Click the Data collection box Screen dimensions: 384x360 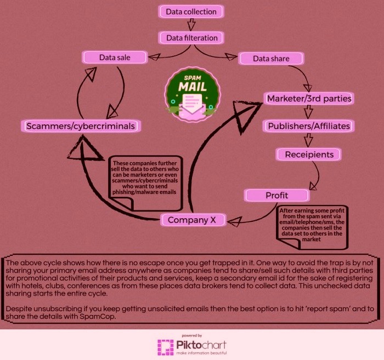(191, 12)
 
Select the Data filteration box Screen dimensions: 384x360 (191, 38)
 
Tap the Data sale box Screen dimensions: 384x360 (115, 58)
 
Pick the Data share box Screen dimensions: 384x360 (271, 59)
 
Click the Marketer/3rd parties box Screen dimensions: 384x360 (309, 99)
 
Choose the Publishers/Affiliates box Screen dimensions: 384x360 (309, 126)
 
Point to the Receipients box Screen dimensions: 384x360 (309, 155)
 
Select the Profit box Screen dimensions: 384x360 (277, 195)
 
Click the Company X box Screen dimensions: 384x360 (193, 220)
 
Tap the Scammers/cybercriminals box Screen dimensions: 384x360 (81, 126)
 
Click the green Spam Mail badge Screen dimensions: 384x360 (193, 95)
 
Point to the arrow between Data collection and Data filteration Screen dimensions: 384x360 (191, 25)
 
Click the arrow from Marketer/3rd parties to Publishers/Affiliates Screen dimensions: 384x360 (308, 112)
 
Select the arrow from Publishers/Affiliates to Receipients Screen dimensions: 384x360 (308, 140)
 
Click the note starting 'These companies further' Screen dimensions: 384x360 (145, 184)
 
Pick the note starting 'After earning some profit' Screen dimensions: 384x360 (312, 227)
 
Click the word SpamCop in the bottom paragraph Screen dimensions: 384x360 (97, 317)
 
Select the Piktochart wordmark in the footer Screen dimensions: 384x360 (201, 345)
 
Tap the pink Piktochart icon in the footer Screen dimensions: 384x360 (165, 347)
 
